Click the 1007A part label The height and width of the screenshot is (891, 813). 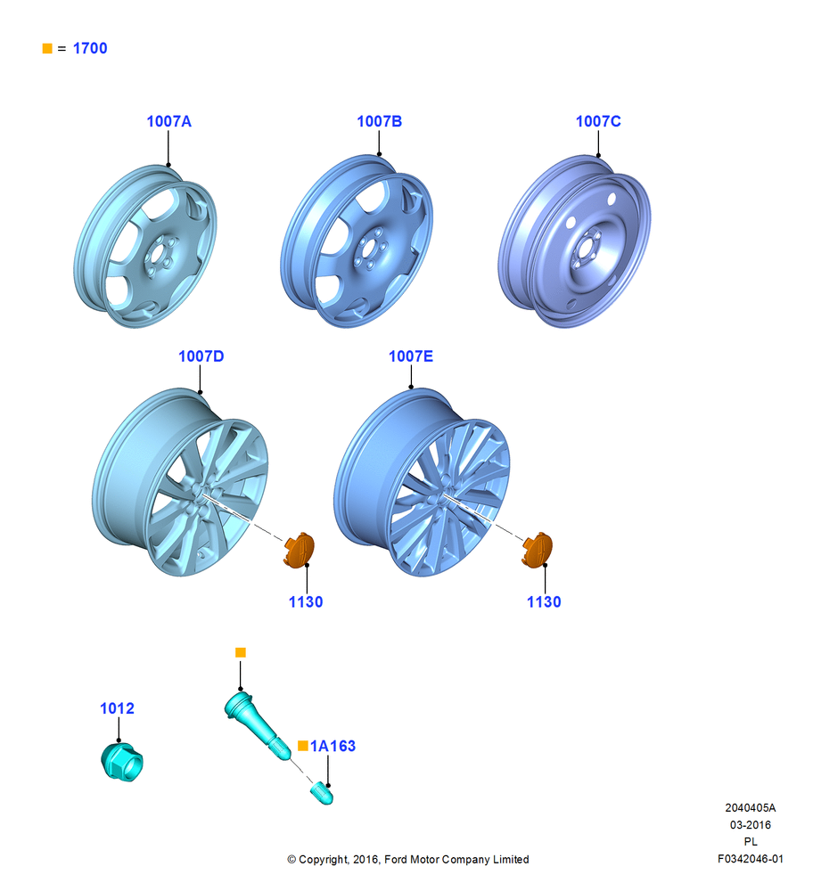(x=168, y=121)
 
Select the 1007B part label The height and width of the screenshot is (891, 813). (x=379, y=121)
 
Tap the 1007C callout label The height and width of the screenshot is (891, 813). (x=598, y=121)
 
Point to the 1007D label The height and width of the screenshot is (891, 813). (x=201, y=356)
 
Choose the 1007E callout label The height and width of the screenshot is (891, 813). (x=410, y=356)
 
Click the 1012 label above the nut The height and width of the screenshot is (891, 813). (x=117, y=708)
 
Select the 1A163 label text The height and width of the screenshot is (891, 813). (x=333, y=746)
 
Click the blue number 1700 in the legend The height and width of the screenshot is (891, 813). (x=90, y=48)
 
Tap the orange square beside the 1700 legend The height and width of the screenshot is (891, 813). (x=47, y=48)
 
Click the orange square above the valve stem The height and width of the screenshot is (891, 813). (x=241, y=652)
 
